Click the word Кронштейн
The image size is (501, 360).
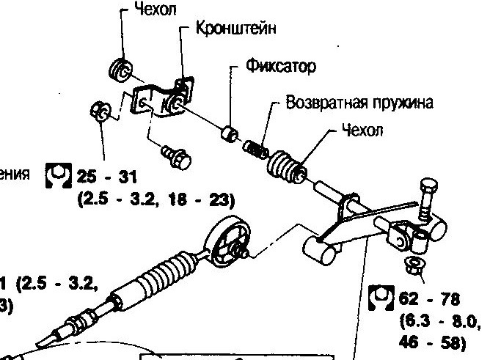pos(237,29)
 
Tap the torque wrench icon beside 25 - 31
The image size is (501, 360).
pos(57,176)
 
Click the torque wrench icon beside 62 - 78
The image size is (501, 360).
pos(380,297)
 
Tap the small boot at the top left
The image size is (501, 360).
pos(120,70)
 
